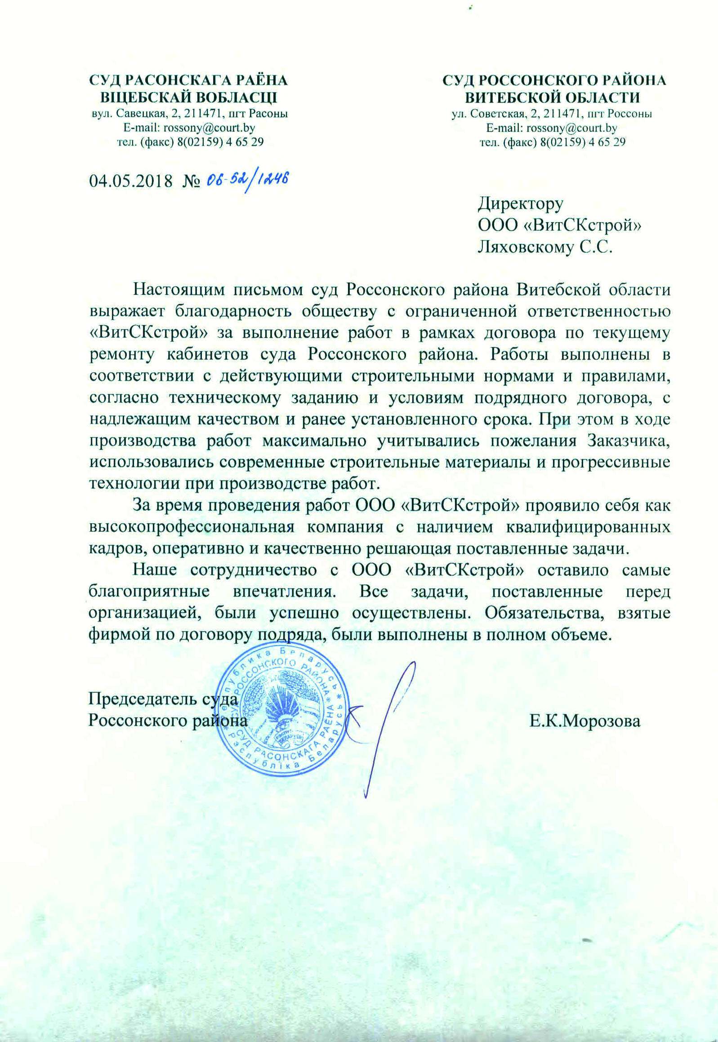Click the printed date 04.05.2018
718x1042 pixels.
click(x=131, y=181)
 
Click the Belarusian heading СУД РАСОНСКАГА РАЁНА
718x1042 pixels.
click(x=188, y=80)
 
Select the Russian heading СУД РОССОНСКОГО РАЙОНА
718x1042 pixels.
click(x=554, y=80)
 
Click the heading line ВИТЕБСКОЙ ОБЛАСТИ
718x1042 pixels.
click(x=553, y=97)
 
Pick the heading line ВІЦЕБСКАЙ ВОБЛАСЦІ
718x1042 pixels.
click(x=188, y=97)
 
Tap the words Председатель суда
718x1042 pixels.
click(x=163, y=699)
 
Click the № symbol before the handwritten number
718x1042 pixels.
click(x=191, y=181)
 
